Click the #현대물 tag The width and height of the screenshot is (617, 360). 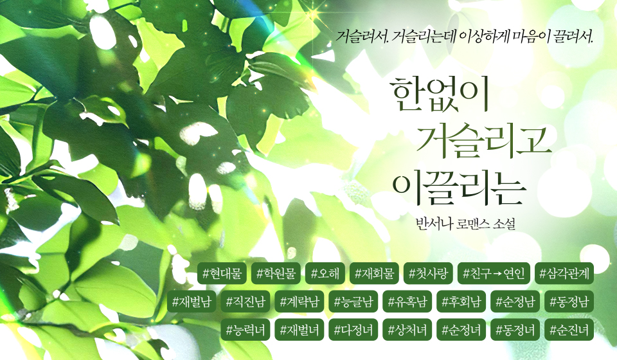coord(222,273)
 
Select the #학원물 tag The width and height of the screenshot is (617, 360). coord(276,273)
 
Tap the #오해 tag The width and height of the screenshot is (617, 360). coord(325,273)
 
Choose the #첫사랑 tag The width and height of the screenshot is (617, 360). coord(428,273)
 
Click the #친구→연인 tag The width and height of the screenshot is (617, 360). coord(494,273)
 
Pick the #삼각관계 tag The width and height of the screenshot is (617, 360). coord(564,273)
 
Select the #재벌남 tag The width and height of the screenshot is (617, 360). coord(192,301)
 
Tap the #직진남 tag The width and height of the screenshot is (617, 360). coord(246,301)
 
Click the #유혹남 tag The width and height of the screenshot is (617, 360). coord(407,301)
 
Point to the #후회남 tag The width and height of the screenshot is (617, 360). coord(461,301)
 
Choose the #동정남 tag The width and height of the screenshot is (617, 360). coord(569,301)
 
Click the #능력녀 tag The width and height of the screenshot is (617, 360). coord(246,329)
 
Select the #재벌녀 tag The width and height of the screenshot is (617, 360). coord(300,329)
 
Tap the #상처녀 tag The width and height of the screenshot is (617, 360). coord(407,329)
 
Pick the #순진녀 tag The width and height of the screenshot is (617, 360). coord(569,329)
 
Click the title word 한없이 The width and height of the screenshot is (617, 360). coord(440,94)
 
